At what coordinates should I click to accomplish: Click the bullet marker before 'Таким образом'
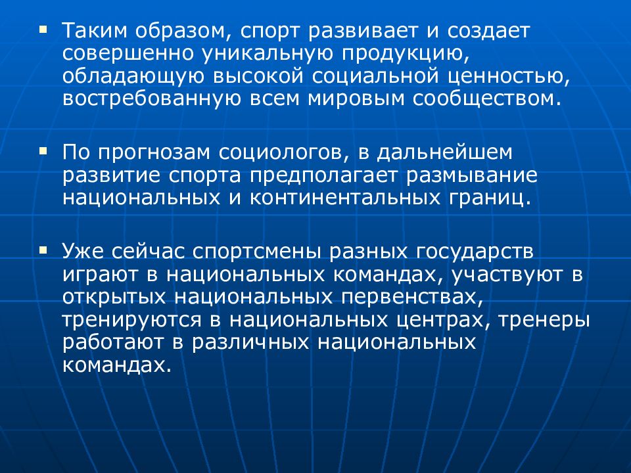click(x=43, y=30)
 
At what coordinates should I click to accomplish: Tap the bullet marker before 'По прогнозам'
click(x=43, y=150)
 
